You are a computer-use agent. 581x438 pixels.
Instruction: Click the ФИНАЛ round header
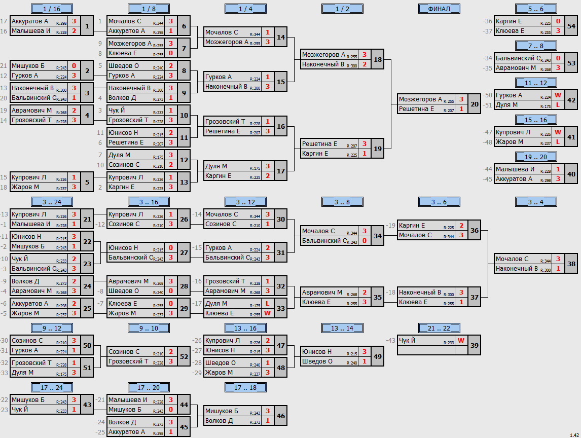pos(439,9)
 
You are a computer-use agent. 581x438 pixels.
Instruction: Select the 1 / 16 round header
pos(52,9)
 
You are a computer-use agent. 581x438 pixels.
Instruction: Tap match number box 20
pos(475,104)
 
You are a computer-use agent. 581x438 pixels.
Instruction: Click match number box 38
pos(571,264)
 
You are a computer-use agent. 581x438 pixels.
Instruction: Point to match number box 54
pos(571,26)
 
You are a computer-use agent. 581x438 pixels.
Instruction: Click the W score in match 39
pos(461,341)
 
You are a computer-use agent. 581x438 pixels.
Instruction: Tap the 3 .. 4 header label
pos(536,202)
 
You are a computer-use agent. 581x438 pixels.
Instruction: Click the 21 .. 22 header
pos(439,328)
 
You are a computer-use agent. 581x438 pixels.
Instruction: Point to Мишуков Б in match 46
pos(222,411)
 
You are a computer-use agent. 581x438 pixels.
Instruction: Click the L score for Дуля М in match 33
pos(267,304)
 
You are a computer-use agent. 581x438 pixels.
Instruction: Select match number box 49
pos(378,356)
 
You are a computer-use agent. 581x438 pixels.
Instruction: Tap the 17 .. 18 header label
pos(245,387)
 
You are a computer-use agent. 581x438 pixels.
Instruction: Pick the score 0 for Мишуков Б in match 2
pos(74,65)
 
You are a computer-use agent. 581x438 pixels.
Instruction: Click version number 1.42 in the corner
pos(574,435)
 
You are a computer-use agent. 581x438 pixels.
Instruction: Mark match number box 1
pos(87,26)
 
